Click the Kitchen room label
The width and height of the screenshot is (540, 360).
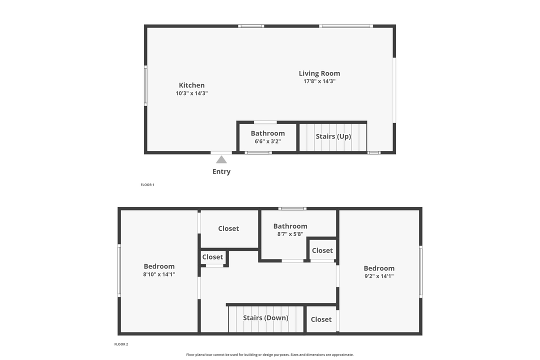[x=191, y=85]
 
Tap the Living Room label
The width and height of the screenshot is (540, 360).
[x=319, y=73]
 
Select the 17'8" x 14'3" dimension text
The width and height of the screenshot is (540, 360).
[x=319, y=81]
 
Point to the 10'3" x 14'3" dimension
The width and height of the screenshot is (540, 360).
[x=191, y=93]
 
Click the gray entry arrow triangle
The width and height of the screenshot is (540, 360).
[x=221, y=159]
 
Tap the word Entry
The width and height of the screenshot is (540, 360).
[x=221, y=171]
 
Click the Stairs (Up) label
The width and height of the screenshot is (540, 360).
[x=333, y=136]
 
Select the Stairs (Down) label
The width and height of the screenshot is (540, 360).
[x=265, y=318]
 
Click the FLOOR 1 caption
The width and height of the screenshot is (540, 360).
[x=147, y=185]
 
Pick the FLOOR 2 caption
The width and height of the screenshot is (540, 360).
[x=121, y=344]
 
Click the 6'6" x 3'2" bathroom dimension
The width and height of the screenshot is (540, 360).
[x=267, y=141]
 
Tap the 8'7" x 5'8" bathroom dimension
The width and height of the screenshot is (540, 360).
[x=290, y=233]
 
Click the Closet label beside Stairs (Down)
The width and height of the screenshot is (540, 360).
[x=321, y=319]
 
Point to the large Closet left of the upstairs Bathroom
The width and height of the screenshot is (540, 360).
[x=228, y=228]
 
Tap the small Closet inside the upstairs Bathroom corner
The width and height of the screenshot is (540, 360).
[x=322, y=250]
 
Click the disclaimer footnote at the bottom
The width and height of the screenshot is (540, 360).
[x=270, y=355]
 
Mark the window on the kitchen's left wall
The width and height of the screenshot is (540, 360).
[x=145, y=85]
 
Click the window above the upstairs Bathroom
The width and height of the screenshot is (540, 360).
[x=292, y=208]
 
